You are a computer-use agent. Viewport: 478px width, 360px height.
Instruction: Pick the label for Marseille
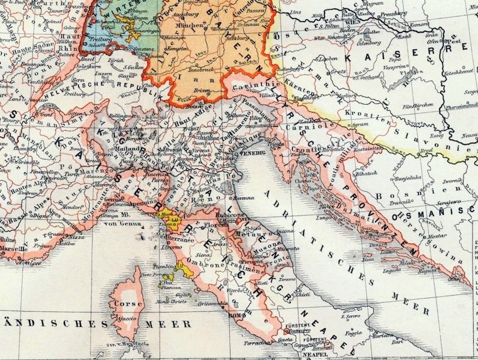[x=13, y=247]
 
